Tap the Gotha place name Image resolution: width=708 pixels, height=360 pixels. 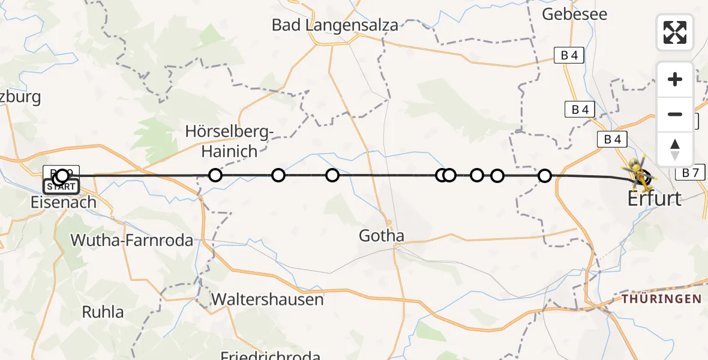tap(382, 236)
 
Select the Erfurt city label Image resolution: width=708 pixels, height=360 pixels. tap(655, 199)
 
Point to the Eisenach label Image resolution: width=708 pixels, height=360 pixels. tap(64, 202)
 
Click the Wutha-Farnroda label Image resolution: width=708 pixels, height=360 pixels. tap(132, 241)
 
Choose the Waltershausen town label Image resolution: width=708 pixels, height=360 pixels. tap(268, 299)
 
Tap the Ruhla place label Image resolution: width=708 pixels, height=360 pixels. tap(103, 312)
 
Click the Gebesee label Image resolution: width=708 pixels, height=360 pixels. tap(575, 14)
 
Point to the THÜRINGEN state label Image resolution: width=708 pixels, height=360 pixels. tap(661, 298)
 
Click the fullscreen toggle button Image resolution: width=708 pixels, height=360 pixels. tap(675, 32)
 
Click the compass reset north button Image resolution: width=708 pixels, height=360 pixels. tap(675, 149)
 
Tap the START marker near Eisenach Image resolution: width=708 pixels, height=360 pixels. tap(61, 187)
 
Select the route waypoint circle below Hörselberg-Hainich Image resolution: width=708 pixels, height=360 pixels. tap(215, 175)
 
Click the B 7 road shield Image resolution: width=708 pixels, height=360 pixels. tap(691, 173)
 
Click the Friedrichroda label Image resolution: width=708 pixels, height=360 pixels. tap(270, 355)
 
